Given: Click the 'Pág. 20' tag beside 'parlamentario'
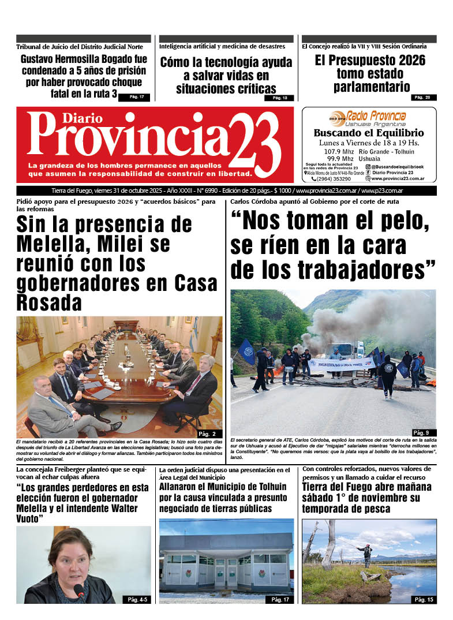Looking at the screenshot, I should (424, 97).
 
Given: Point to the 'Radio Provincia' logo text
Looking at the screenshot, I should (376, 116).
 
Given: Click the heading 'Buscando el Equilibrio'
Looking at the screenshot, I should (369, 133).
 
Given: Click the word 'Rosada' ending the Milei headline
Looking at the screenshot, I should (49, 302).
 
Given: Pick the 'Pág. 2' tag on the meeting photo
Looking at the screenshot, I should (206, 434).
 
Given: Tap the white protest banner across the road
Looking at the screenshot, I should (341, 364).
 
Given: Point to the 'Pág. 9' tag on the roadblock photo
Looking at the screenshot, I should (421, 432).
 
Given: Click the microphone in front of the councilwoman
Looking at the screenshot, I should (80, 591).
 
